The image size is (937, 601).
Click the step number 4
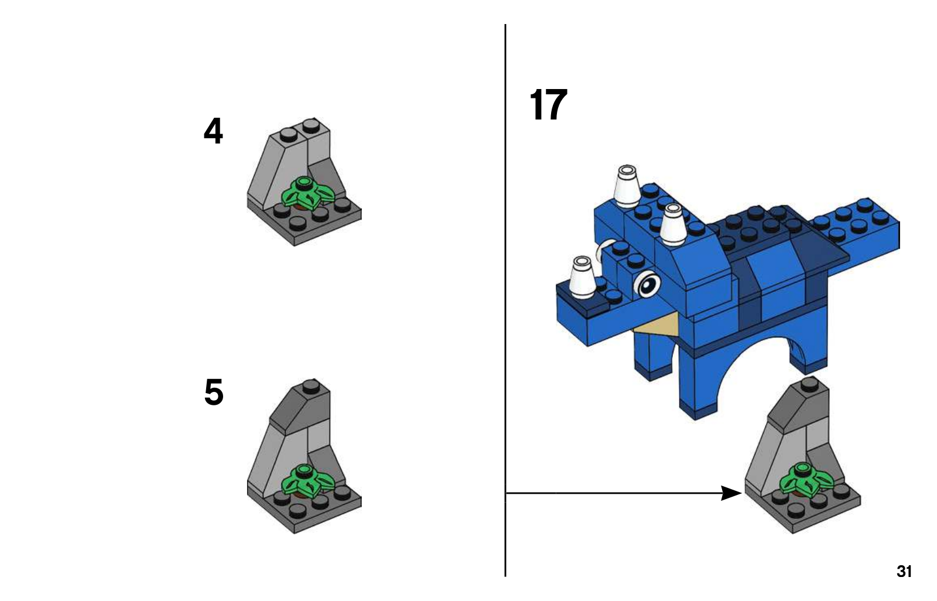(x=213, y=131)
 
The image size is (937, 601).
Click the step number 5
(x=214, y=392)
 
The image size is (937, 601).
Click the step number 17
(x=548, y=104)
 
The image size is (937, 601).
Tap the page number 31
(x=904, y=571)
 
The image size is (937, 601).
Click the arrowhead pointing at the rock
(x=731, y=493)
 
